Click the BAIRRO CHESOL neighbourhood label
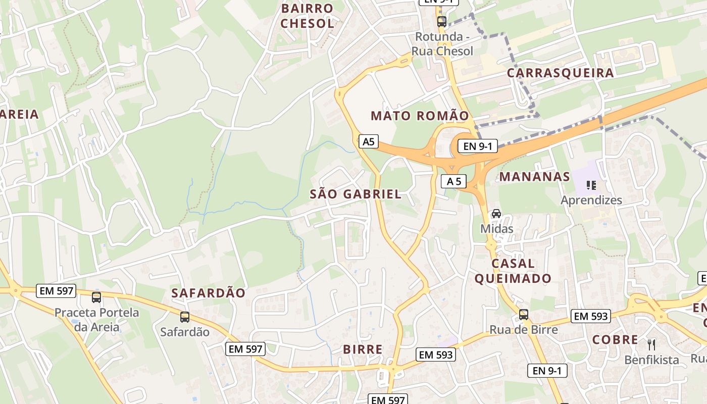pos(308,16)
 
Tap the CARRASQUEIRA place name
pos(560,73)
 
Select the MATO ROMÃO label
pos(420,116)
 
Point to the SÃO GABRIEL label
pos(356,194)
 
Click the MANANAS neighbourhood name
pos(535,177)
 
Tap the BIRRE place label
pos(363,349)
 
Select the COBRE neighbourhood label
pos(615,340)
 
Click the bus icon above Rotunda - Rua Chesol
pos(442,21)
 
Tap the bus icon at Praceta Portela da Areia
pos(96,297)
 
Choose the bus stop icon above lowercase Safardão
pos(185,317)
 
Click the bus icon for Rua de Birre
pos(524,315)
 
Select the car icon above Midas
pos(496,214)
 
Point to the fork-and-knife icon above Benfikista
pos(651,345)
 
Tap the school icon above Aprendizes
pos(591,185)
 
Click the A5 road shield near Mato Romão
pos(369,141)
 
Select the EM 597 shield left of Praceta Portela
pos(56,291)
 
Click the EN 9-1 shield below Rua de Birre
pos(547,371)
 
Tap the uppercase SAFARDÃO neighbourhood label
pos(208,293)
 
